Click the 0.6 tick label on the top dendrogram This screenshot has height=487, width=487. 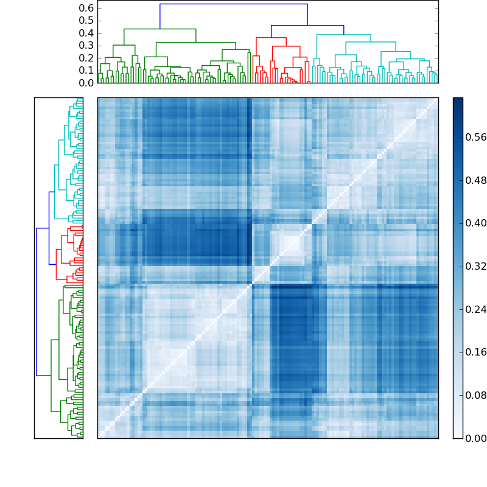pos(87,8)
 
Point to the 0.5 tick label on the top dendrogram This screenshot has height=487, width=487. pos(87,21)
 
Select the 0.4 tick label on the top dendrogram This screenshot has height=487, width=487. pos(87,33)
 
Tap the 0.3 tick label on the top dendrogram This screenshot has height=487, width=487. pos(87,46)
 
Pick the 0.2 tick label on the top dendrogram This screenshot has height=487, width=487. pos(87,58)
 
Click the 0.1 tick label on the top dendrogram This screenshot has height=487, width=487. pos(87,71)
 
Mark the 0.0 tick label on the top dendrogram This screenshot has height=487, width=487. pos(87,83)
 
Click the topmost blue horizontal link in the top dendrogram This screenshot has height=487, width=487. pos(234,4)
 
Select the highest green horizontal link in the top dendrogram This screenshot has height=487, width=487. pos(160,29)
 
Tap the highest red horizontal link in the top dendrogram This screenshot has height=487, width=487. pos(271,38)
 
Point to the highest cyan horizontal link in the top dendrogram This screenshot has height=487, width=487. pos(344,35)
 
